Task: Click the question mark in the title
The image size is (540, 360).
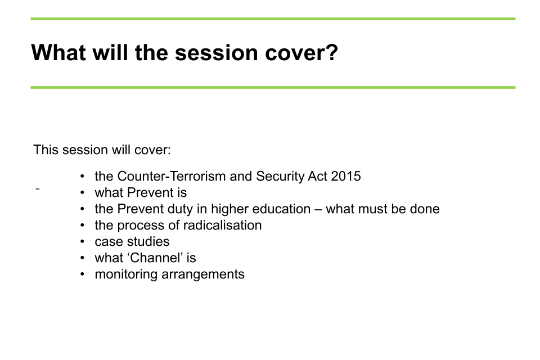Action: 332,52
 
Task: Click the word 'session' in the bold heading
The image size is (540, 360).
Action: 216,53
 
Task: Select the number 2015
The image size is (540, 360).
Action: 346,176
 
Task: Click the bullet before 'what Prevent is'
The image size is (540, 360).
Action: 82,192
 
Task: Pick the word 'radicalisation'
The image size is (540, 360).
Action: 223,226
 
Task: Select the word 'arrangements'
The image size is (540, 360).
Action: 203,275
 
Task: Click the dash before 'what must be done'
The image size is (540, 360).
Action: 318,209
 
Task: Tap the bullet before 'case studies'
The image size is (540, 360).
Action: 82,241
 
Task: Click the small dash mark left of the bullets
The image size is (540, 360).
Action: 38,189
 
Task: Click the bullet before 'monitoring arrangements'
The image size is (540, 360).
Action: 82,274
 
